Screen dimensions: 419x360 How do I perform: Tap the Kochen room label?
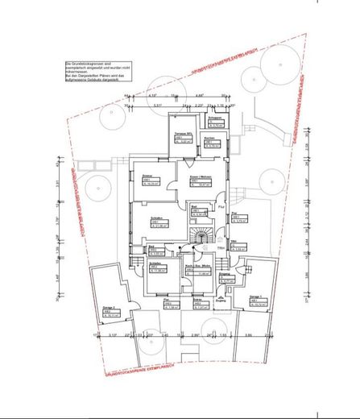tap(209, 138)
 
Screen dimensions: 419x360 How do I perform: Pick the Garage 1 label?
tap(260, 298)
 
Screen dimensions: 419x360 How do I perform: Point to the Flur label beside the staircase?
tap(221, 206)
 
